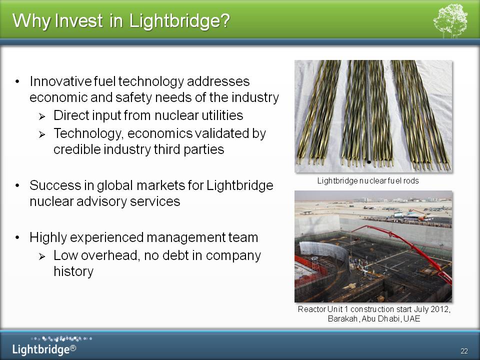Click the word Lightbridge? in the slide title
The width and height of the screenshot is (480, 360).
(x=179, y=21)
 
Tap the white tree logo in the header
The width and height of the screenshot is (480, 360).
(x=450, y=21)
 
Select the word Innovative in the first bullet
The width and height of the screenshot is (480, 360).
(x=60, y=81)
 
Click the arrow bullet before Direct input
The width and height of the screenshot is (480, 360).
(x=42, y=116)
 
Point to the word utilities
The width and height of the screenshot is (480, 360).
(x=222, y=115)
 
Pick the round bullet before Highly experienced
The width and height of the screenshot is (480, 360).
(x=17, y=237)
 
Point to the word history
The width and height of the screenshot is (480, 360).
(x=73, y=271)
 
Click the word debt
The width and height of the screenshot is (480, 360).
(x=175, y=255)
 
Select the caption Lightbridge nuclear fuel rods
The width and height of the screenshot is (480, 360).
(x=368, y=181)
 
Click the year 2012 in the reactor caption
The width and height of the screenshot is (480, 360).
(x=440, y=309)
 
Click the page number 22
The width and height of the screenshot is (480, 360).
(x=464, y=351)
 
